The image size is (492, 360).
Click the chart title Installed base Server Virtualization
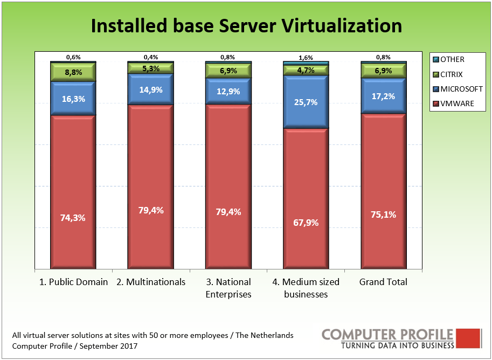(246, 25)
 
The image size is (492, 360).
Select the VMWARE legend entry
(456, 103)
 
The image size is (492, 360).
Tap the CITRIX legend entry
(451, 74)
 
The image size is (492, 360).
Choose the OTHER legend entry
(452, 60)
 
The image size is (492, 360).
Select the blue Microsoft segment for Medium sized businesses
(306, 102)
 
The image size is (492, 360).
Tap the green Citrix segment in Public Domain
(73, 72)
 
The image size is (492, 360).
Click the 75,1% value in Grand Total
(383, 214)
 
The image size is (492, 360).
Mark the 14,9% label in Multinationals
(150, 90)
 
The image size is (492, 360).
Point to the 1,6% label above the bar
(306, 57)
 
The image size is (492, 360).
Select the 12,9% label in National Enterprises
(228, 91)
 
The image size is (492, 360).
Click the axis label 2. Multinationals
(151, 282)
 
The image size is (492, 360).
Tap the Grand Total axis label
(383, 282)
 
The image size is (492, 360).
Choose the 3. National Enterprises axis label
(228, 288)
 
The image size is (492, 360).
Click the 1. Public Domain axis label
(74, 282)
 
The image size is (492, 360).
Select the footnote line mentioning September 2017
(75, 346)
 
